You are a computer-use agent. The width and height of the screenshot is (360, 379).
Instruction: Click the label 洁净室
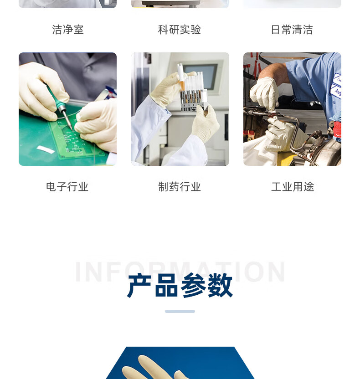coord(68,30)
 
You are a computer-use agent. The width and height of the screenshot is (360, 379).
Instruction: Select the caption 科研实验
coord(180,30)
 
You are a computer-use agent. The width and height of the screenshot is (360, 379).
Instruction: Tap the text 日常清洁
coord(292,30)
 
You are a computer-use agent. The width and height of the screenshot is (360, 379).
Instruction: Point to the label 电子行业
coord(67,187)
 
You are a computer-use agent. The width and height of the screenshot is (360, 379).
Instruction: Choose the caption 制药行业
coord(180,187)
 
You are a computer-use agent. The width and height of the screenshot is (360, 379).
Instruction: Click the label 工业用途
coord(293,187)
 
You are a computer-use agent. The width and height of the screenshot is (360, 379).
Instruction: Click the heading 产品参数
coord(180,286)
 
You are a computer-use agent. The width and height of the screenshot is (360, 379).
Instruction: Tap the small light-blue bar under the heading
coord(180,311)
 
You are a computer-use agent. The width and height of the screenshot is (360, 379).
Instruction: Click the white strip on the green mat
coord(46,149)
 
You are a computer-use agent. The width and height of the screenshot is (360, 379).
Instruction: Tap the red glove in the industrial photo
coord(337,129)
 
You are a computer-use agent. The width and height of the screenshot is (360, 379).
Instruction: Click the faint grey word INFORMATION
coord(180,271)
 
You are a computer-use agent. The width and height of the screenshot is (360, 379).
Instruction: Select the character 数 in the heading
coord(220,286)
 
